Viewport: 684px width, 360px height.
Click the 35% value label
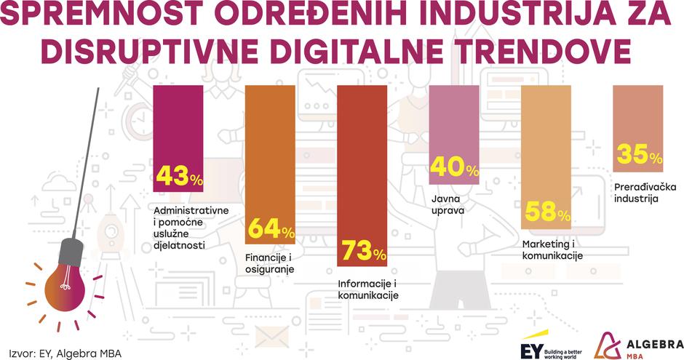pyautogui.click(x=639, y=154)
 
